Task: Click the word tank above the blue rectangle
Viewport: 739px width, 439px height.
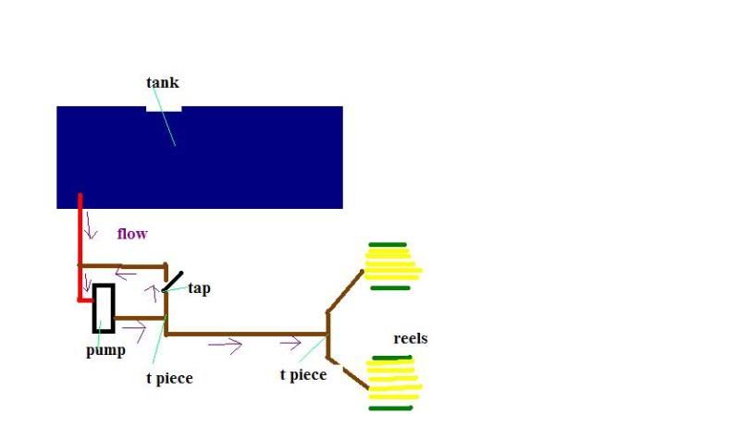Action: pos(162,83)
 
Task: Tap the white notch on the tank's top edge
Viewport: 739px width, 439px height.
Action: pos(164,108)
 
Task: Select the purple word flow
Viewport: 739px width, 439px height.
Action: pos(131,234)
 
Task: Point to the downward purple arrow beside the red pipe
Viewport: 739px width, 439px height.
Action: pos(91,227)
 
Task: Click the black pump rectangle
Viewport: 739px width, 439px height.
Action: pos(103,308)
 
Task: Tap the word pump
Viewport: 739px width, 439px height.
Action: pos(105,350)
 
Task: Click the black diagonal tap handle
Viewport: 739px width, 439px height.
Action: pos(173,281)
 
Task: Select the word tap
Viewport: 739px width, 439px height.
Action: pos(199,288)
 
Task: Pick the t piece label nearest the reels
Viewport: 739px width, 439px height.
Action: pos(302,374)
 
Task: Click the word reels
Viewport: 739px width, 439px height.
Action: pos(410,338)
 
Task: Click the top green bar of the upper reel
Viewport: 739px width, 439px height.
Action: pos(388,245)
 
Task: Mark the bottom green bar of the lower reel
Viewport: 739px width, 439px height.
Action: pos(390,408)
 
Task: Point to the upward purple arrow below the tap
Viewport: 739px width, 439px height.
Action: pos(151,295)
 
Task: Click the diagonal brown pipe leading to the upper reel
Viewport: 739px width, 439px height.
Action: pos(345,289)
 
